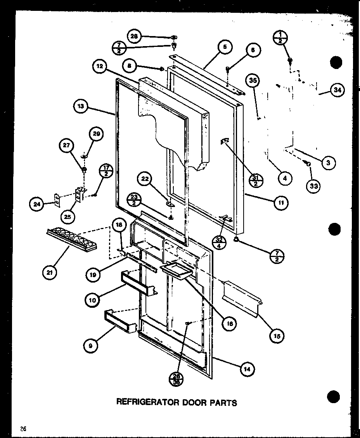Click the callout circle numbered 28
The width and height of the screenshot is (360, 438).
pos(134,36)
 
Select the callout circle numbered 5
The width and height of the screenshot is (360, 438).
pos(225,48)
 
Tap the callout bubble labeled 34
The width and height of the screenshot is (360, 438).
pos(336,90)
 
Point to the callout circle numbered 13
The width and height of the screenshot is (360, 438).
pos(81,107)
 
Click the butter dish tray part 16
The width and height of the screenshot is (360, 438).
pos(176,270)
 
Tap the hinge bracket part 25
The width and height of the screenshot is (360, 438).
pos(80,193)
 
